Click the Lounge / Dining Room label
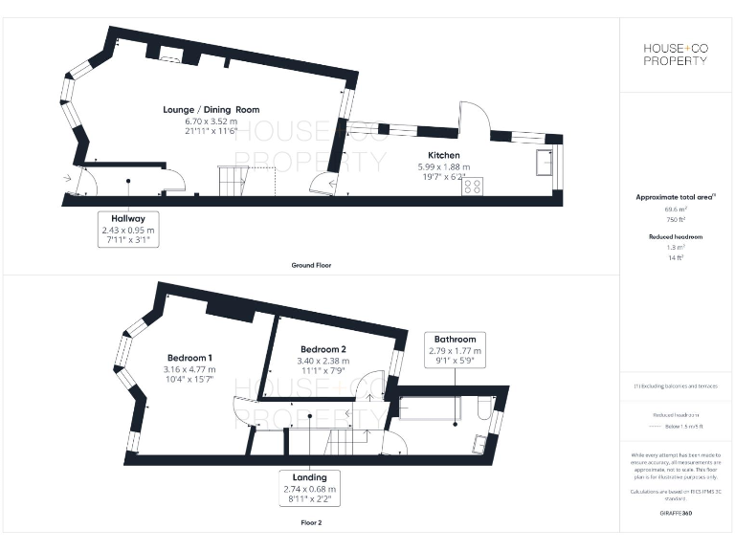[x=210, y=110]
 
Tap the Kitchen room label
[x=444, y=155]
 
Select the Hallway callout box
[x=127, y=230]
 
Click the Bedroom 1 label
[x=189, y=358]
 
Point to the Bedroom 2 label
[x=323, y=349]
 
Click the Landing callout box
[x=310, y=487]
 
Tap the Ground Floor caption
[x=312, y=265]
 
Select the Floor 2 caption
[x=312, y=524]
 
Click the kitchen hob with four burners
[x=473, y=187]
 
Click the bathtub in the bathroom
[x=431, y=409]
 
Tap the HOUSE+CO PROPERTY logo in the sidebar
[x=675, y=55]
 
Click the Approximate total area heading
[x=675, y=197]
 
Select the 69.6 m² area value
[x=676, y=209]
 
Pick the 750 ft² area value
[x=676, y=219]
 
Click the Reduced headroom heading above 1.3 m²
[x=676, y=236]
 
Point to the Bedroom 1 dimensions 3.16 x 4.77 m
[x=189, y=369]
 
